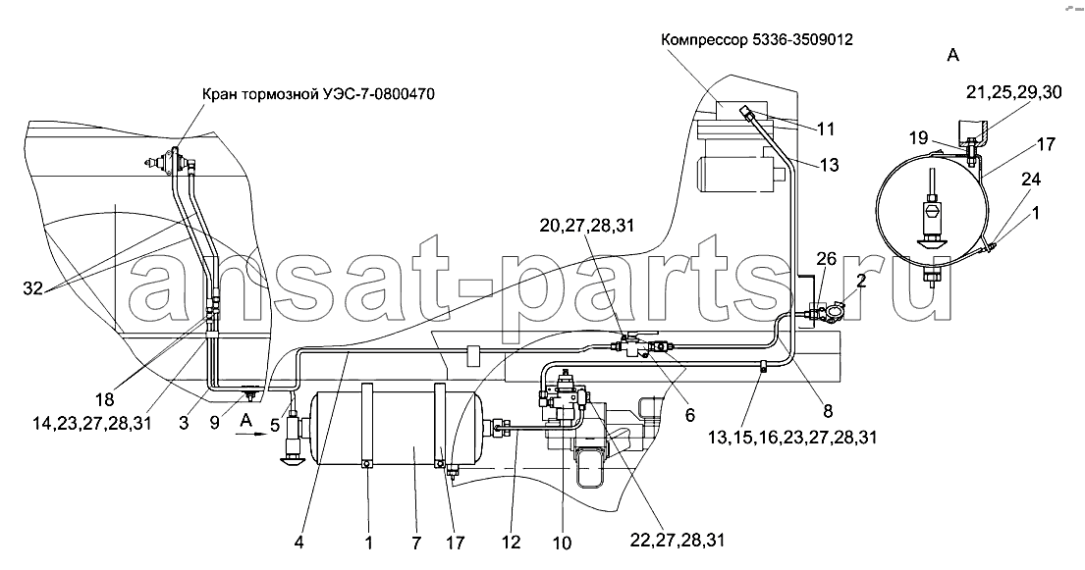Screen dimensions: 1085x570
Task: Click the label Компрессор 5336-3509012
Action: tap(757, 39)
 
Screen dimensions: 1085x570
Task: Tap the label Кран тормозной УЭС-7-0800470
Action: tap(319, 94)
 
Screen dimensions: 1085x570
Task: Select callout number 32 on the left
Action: tap(32, 289)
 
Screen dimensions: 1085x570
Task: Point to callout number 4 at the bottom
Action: tap(298, 544)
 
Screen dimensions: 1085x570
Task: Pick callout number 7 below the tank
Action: tap(416, 544)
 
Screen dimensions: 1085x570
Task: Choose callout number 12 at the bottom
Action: tap(512, 544)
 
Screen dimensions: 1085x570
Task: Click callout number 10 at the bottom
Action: tap(563, 544)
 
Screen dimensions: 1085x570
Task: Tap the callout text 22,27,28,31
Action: tap(678, 540)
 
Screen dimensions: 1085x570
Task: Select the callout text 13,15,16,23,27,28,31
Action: tap(792, 438)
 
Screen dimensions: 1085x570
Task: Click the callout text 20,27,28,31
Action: tap(587, 225)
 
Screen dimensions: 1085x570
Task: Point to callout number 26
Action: tap(826, 259)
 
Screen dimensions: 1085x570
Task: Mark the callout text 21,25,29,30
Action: tap(1014, 92)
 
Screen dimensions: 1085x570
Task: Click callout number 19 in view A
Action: tap(918, 138)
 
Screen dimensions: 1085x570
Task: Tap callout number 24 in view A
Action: tap(1030, 180)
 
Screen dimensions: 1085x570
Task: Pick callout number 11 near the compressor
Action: tap(825, 129)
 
